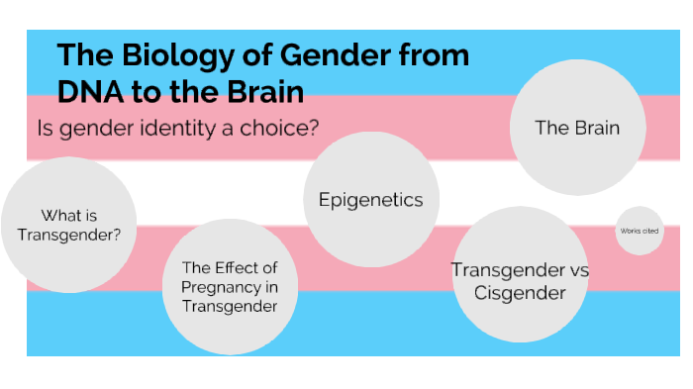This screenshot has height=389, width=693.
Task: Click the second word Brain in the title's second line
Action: (x=267, y=92)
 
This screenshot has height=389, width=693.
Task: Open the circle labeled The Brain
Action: (x=577, y=127)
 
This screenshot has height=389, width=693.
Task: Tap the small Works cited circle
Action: (x=639, y=231)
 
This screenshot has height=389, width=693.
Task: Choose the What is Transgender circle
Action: (x=68, y=224)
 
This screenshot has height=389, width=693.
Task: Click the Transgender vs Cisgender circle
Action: (x=520, y=281)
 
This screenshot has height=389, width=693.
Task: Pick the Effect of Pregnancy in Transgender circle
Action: (x=230, y=287)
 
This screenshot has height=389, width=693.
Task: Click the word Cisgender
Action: (x=520, y=293)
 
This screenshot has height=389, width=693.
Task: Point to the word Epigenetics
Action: (x=370, y=200)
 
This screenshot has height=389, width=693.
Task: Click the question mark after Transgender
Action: (x=118, y=235)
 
